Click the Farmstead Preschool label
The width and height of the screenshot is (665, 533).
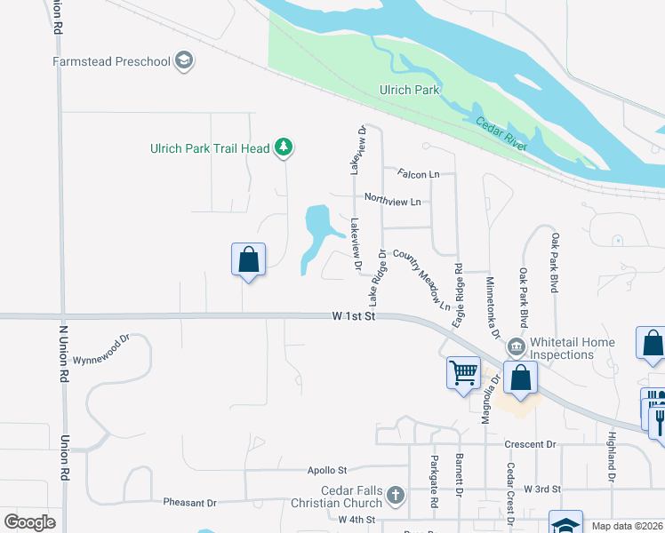[x=111, y=62]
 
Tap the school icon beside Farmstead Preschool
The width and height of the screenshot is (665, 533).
[x=184, y=61]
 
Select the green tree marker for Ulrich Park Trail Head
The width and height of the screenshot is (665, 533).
[x=284, y=147]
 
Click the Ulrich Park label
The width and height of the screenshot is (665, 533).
[x=410, y=91]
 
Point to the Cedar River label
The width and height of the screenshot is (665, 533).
[x=501, y=134]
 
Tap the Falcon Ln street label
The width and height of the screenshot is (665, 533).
[x=419, y=174]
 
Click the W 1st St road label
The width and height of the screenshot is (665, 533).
[x=355, y=315]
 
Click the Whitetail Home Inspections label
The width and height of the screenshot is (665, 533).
[x=573, y=348]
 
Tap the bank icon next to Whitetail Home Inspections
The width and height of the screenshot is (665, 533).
[x=516, y=346]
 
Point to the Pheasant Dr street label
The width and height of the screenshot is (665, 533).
[x=189, y=502]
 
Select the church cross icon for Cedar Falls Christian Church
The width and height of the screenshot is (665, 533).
[x=397, y=495]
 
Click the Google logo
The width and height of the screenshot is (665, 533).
[x=30, y=522]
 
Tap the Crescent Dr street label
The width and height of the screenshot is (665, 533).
[x=530, y=444]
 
